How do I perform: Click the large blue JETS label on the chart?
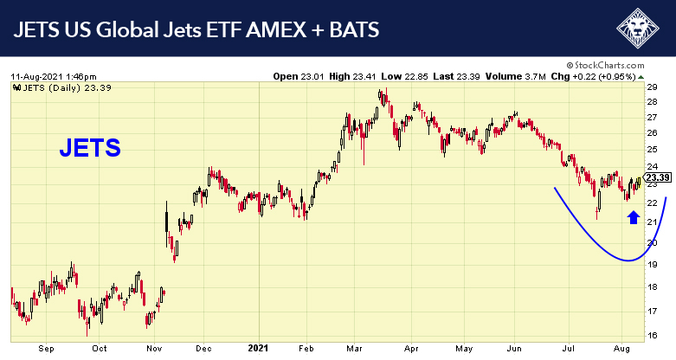point(90,148)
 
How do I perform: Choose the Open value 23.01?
point(308,76)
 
